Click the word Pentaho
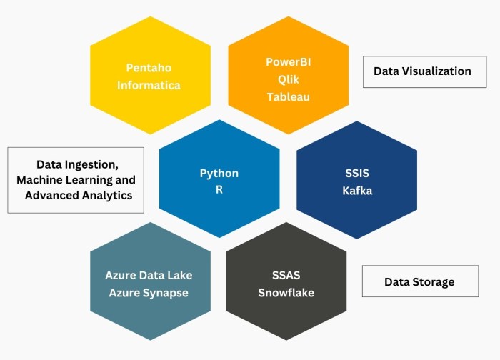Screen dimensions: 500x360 149,68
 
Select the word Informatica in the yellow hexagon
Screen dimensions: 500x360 149,85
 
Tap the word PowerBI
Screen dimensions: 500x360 289,62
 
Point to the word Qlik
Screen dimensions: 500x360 289,79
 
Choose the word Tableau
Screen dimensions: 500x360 289,96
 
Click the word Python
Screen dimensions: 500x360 219,174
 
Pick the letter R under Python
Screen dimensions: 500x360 219,190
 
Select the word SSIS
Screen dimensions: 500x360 357,173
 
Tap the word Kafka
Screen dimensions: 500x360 357,191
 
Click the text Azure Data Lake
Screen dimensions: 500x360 149,275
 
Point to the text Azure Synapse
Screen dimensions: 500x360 149,293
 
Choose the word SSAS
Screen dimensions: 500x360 286,275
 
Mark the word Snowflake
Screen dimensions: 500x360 286,293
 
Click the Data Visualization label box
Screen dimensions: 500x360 425,71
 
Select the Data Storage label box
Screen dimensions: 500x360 420,281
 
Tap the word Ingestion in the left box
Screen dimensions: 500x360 92,165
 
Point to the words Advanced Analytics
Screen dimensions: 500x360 79,195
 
